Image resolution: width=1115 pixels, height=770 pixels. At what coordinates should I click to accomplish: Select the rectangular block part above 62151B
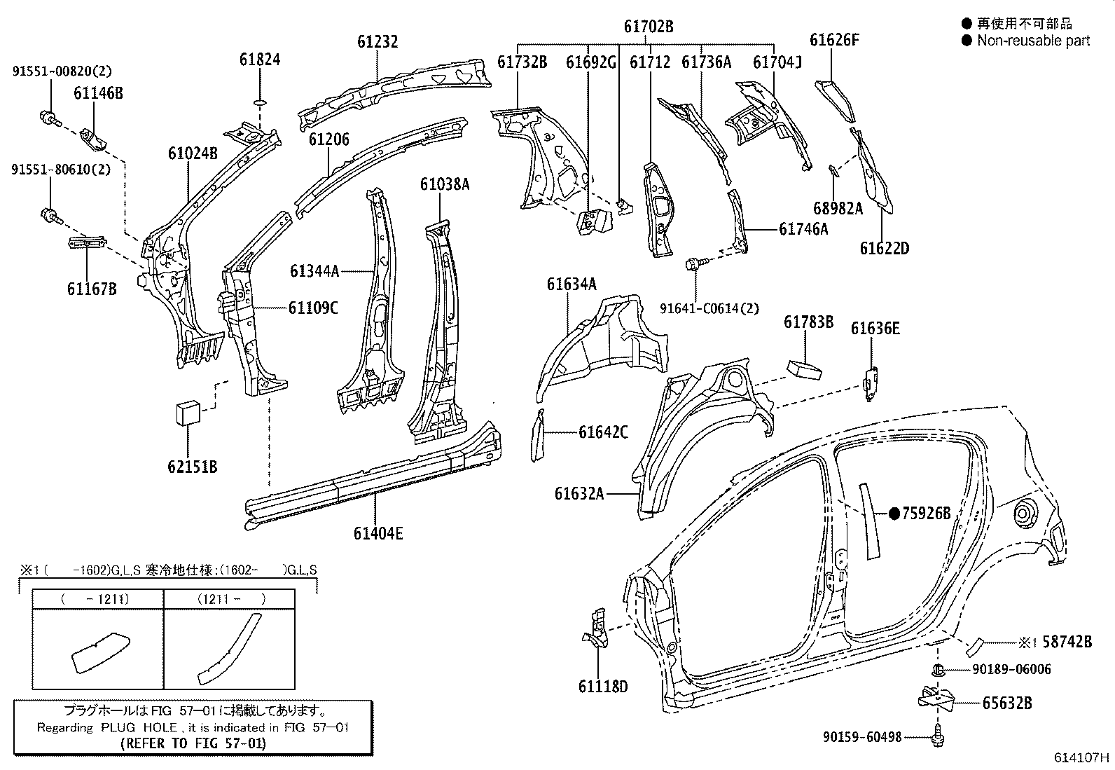point(187,412)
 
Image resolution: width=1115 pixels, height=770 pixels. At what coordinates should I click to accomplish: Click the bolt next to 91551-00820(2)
point(48,118)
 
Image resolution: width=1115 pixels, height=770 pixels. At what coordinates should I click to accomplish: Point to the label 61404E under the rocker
point(378,534)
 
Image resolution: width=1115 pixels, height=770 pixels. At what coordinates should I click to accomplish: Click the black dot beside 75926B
point(894,514)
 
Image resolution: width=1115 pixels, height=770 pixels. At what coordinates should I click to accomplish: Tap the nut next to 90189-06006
point(938,670)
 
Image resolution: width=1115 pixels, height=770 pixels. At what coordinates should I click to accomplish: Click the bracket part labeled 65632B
point(934,698)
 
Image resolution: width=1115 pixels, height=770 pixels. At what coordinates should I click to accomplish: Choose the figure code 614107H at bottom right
point(1082,757)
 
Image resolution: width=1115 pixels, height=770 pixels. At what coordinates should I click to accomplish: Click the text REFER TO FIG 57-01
point(193,743)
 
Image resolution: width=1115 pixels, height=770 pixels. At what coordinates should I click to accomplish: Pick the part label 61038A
point(444,184)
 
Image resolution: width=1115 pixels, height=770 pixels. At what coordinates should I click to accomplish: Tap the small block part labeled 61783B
point(805,369)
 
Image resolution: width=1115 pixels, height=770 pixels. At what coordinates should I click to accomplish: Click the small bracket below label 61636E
point(871,383)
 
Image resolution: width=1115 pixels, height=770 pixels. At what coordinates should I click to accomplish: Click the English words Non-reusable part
point(1033,41)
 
